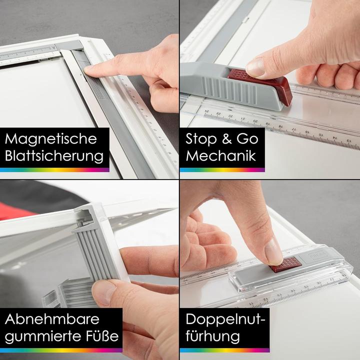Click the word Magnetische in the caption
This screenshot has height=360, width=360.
pos(50,138)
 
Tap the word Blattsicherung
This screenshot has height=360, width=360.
pos(54,156)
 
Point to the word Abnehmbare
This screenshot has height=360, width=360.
pos(52,319)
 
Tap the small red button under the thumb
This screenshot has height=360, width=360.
pos(285,263)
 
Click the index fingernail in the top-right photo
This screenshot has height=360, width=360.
pos(255,66)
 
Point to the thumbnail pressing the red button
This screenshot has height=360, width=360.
pos(273,250)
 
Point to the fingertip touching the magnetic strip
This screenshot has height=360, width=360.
pos(90,70)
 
